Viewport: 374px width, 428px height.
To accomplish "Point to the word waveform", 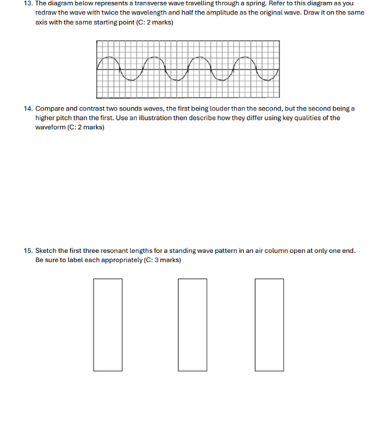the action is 50,127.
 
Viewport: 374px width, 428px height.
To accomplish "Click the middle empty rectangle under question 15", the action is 192,325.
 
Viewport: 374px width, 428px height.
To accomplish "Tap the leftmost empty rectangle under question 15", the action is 107,325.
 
